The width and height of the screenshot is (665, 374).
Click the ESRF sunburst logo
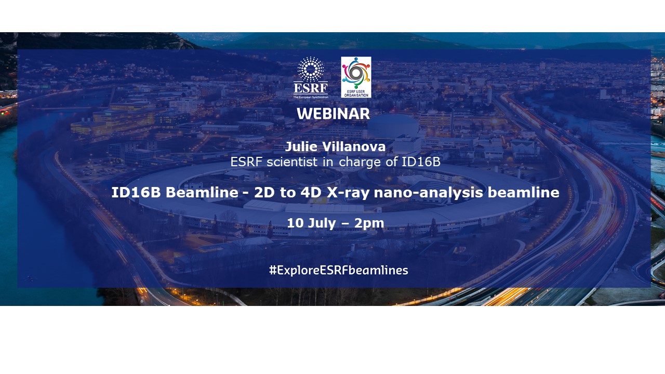pyautogui.click(x=311, y=70)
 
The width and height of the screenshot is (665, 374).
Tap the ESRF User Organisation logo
pyautogui.click(x=356, y=77)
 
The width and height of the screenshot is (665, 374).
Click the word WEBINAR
pyautogui.click(x=333, y=114)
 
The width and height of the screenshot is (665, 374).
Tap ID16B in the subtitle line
pyautogui.click(x=421, y=162)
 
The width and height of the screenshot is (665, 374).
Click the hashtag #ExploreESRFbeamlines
pyautogui.click(x=338, y=270)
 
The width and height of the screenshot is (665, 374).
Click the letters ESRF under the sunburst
pyautogui.click(x=311, y=89)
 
